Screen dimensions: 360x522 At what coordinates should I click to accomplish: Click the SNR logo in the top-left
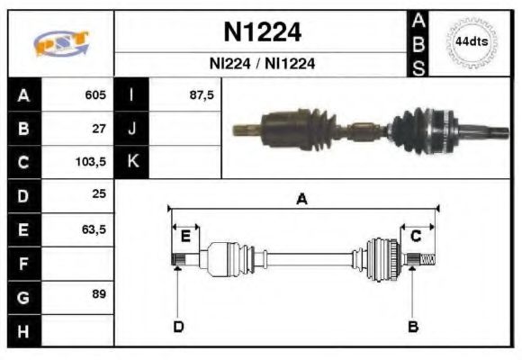(x=61, y=42)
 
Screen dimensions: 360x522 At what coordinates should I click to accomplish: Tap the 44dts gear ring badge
(x=471, y=42)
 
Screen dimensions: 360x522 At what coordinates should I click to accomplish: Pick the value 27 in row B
(x=99, y=129)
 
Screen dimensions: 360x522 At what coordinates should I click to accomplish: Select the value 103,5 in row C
(x=91, y=162)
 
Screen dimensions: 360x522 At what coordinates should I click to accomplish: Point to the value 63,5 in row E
(x=94, y=229)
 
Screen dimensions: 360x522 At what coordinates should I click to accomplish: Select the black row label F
(x=23, y=263)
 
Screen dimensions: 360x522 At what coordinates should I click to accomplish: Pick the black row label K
(x=132, y=162)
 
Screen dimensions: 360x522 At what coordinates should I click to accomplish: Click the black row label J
(x=132, y=129)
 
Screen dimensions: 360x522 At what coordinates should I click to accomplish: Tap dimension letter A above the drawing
(x=302, y=200)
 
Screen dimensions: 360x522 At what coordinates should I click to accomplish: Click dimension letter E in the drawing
(x=185, y=237)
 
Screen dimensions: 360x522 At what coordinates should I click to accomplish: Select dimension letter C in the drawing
(x=416, y=237)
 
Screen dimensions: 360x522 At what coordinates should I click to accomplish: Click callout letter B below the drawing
(x=412, y=326)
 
